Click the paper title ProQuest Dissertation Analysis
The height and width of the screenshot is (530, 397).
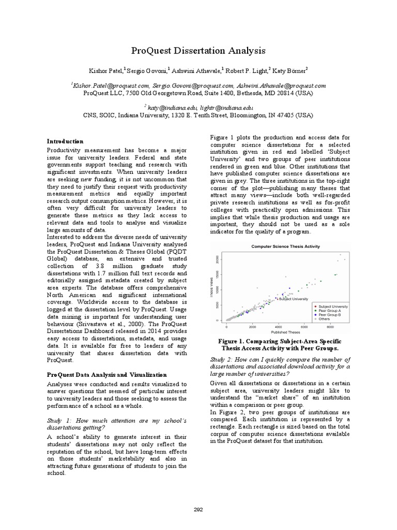(x=199, y=51)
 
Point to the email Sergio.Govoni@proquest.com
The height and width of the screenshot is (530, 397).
(x=193, y=85)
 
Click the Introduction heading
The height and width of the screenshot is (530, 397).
(x=65, y=141)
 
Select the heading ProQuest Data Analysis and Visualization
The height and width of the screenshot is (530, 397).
(x=107, y=374)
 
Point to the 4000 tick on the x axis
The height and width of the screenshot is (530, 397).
(x=278, y=328)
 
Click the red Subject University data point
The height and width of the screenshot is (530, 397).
(x=277, y=299)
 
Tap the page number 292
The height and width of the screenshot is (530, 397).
(x=198, y=510)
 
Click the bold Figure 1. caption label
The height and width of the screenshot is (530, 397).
(x=236, y=342)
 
